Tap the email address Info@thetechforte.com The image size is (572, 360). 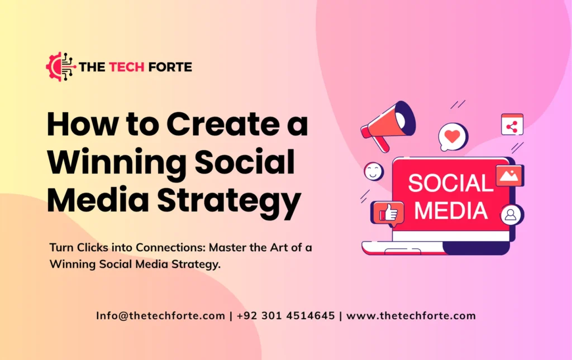tap(160, 315)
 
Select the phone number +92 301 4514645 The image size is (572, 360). tap(285, 315)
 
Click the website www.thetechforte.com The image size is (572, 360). tap(411, 315)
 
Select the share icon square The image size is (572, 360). tap(512, 124)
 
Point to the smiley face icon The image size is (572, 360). tap(374, 171)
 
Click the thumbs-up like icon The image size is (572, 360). tap(388, 212)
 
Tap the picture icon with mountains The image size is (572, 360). tap(508, 176)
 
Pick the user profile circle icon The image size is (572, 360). tap(509, 214)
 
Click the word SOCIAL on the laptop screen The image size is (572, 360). tap(450, 184)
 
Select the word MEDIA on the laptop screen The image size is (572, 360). tap(450, 210)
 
